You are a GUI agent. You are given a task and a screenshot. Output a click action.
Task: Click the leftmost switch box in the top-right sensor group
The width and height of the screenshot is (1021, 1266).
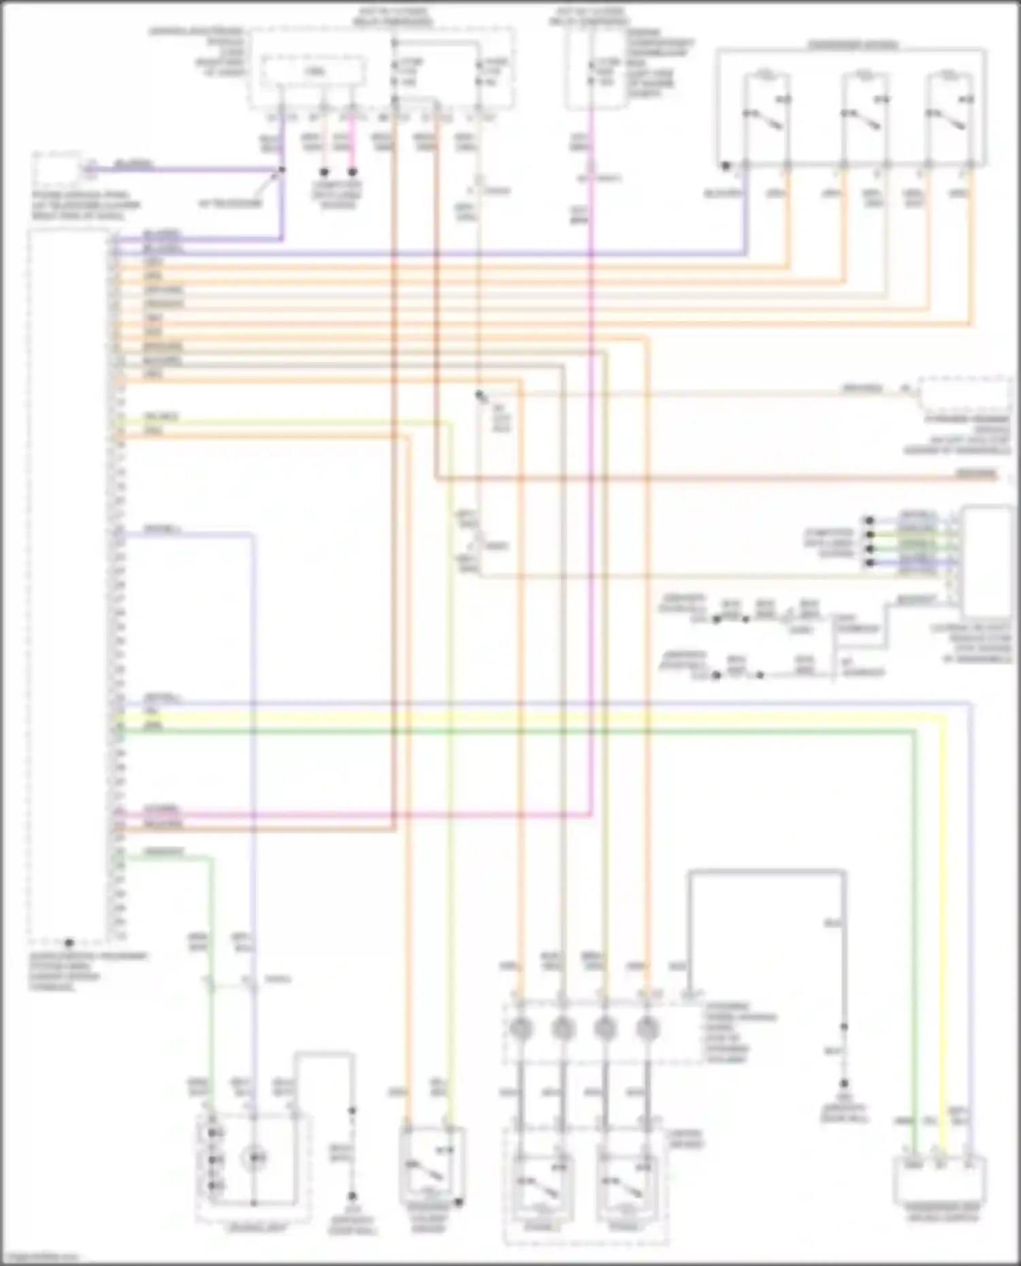(x=766, y=116)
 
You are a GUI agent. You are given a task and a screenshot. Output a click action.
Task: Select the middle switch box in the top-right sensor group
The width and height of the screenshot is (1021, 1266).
(x=864, y=116)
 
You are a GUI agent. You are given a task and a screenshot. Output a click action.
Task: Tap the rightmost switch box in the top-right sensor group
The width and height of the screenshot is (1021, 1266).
(x=950, y=116)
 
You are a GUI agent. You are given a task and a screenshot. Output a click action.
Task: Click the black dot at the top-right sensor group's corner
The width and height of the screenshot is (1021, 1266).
(x=726, y=165)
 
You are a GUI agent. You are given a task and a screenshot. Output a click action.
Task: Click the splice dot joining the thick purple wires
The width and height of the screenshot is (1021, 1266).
(x=282, y=169)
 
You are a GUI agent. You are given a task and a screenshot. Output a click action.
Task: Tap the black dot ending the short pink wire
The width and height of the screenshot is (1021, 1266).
(x=353, y=172)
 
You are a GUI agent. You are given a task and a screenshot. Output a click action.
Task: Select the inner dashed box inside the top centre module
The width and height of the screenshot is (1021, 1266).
(x=314, y=72)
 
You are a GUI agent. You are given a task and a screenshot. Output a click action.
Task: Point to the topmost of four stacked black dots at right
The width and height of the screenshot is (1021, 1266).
(x=869, y=521)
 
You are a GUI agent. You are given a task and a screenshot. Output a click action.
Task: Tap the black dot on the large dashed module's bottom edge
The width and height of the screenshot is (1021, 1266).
(x=68, y=943)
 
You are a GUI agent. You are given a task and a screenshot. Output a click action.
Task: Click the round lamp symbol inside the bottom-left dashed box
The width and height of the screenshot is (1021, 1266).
(x=255, y=1156)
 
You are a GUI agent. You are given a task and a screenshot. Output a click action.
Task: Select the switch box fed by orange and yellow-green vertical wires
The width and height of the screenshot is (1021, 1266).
(x=431, y=1164)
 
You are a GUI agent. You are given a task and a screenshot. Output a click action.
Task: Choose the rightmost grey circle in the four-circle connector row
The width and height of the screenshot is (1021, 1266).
(x=647, y=1028)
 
